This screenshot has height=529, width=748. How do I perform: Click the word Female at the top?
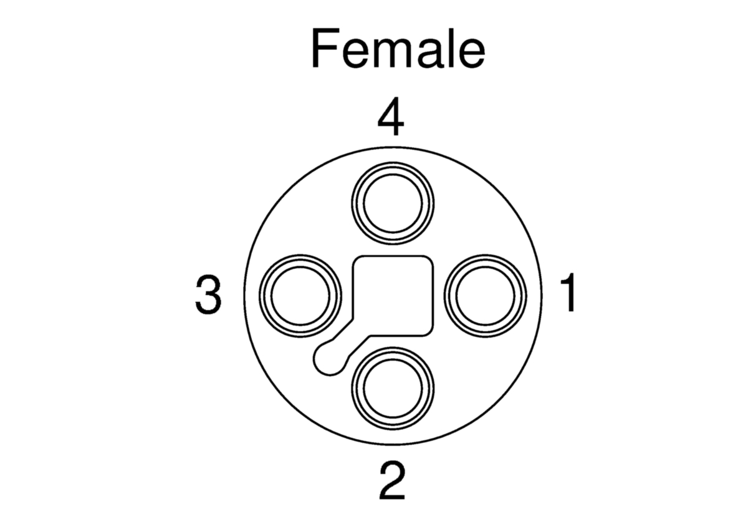(398, 49)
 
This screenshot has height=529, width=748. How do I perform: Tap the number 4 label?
(391, 116)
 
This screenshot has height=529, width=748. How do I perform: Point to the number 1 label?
(568, 293)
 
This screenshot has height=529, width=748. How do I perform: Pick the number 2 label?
(392, 480)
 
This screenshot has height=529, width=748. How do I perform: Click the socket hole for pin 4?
(393, 203)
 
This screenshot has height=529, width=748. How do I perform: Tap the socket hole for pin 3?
(300, 296)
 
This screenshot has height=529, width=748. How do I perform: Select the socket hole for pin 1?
(485, 296)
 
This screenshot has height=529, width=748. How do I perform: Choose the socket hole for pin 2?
(393, 388)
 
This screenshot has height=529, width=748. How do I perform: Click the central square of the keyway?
(393, 296)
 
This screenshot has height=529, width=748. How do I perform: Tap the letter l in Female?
(451, 48)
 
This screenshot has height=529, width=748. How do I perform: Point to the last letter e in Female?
(472, 54)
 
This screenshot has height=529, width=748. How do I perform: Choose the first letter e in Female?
(356, 54)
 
